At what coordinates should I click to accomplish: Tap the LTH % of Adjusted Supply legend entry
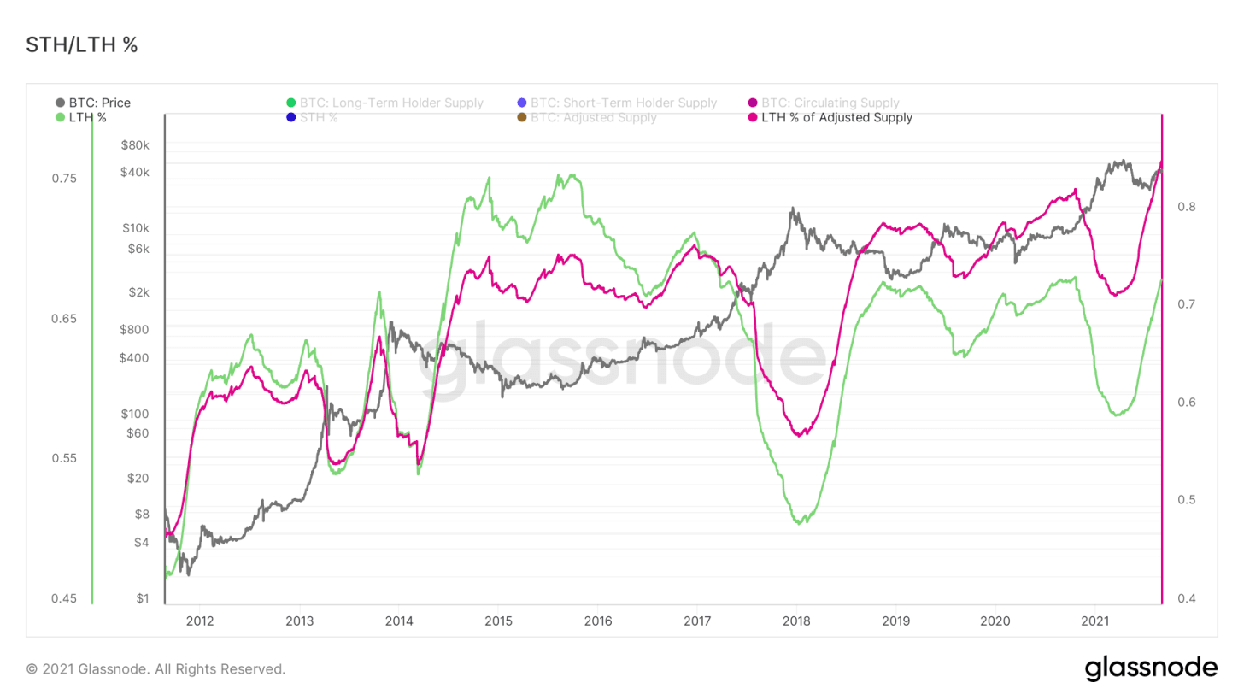[x=836, y=117]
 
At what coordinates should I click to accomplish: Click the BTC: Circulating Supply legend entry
[x=835, y=103]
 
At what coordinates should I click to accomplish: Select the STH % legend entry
[x=319, y=117]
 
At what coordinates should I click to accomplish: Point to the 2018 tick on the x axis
[x=796, y=620]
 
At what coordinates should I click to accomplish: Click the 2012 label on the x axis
[x=199, y=620]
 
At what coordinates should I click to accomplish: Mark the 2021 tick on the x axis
[x=1095, y=620]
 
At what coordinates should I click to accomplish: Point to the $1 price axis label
[x=144, y=598]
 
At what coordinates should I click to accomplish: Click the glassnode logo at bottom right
[x=1150, y=668]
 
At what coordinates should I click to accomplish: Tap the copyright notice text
[x=155, y=668]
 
